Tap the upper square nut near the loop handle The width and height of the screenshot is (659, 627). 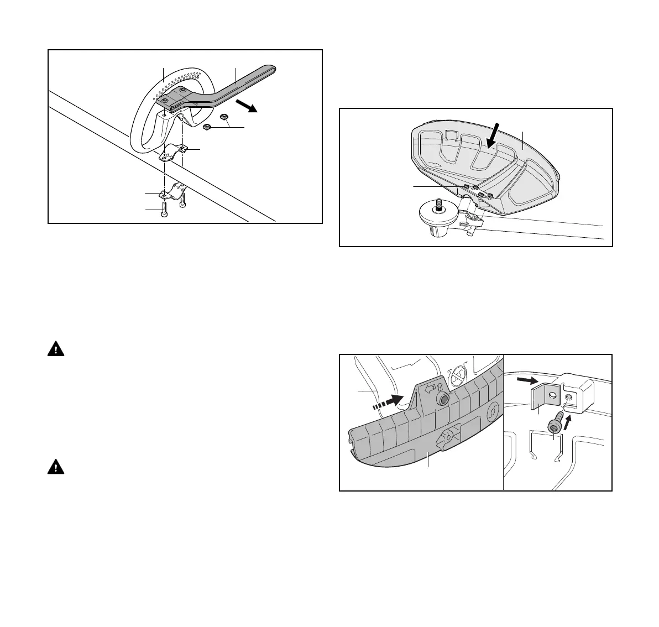(x=224, y=117)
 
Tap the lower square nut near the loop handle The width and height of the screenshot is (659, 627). (x=207, y=128)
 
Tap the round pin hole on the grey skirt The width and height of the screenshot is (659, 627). (x=442, y=399)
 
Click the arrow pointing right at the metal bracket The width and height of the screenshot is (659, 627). (x=527, y=380)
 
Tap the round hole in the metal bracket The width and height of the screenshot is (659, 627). (x=551, y=396)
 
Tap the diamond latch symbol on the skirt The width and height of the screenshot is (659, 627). (x=446, y=440)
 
